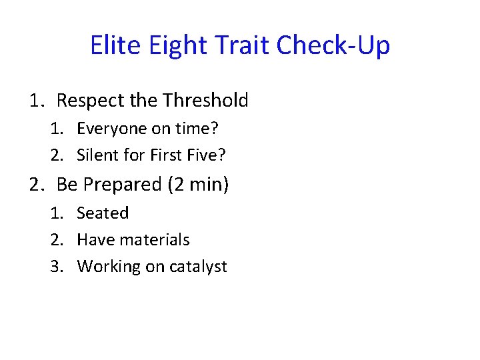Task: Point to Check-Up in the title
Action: click(333, 46)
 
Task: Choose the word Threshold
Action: click(205, 101)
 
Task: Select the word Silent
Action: click(97, 155)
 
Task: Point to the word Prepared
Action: click(123, 184)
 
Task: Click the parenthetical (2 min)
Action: click(198, 184)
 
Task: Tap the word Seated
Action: click(103, 213)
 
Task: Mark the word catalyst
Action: click(198, 267)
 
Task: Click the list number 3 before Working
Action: click(56, 267)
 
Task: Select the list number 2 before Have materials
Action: click(56, 239)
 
